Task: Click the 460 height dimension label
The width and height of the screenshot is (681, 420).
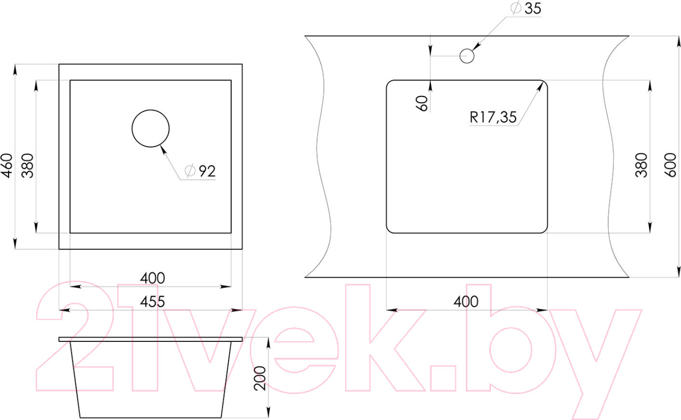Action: pyautogui.click(x=7, y=165)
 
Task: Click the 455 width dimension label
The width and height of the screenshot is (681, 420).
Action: pyautogui.click(x=152, y=302)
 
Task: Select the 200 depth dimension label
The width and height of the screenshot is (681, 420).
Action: pyautogui.click(x=260, y=379)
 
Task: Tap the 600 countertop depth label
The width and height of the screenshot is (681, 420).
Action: pyautogui.click(x=670, y=165)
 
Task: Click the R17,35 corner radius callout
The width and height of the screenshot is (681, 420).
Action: pyautogui.click(x=493, y=117)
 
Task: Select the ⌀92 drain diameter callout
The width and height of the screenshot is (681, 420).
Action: pyautogui.click(x=200, y=171)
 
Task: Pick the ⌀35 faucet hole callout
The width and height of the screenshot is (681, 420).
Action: pyautogui.click(x=526, y=8)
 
